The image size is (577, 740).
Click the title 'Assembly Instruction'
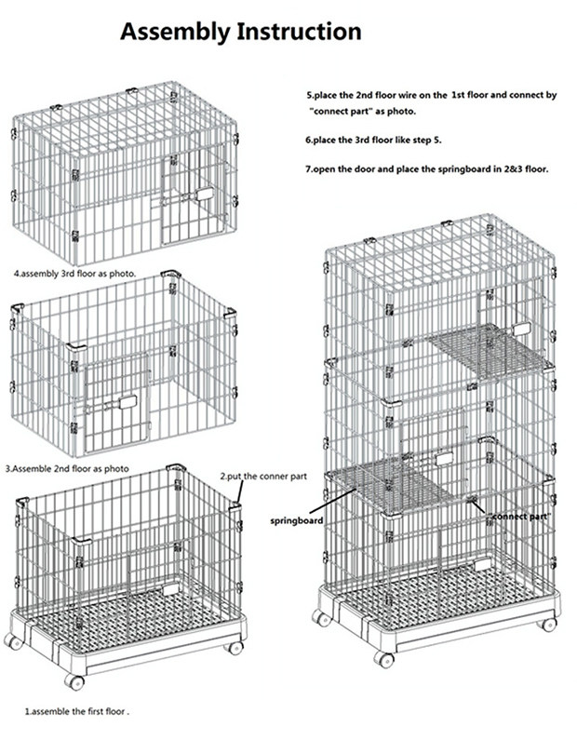click(240, 33)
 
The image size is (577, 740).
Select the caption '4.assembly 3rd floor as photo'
click(74, 275)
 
